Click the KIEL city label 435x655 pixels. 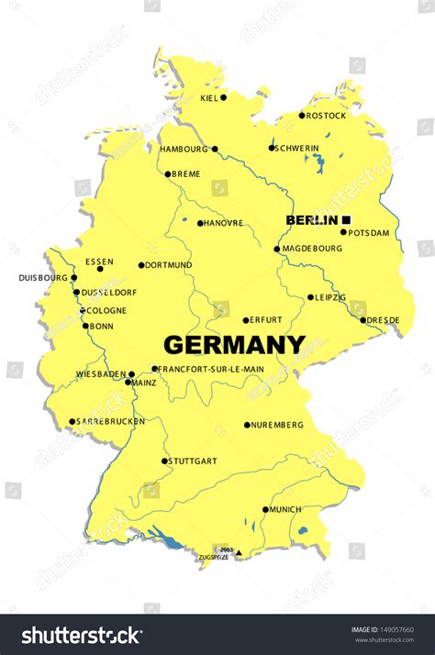(x=208, y=97)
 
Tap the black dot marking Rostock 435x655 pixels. (x=301, y=116)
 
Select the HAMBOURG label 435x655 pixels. (x=184, y=149)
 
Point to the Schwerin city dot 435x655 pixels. (x=272, y=148)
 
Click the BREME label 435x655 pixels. (x=186, y=173)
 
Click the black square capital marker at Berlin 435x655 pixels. (x=347, y=219)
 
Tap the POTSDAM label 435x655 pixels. (x=369, y=232)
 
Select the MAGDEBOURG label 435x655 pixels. (x=311, y=249)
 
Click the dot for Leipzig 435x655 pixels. (x=309, y=298)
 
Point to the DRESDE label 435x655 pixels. (x=384, y=320)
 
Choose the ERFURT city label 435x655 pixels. (x=267, y=320)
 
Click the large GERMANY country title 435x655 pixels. (x=234, y=345)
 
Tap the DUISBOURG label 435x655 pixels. (x=43, y=278)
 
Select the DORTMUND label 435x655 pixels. (x=170, y=265)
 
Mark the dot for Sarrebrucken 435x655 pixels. (x=72, y=422)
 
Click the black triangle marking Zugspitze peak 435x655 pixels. (x=239, y=553)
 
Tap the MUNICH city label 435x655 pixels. (x=285, y=509)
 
